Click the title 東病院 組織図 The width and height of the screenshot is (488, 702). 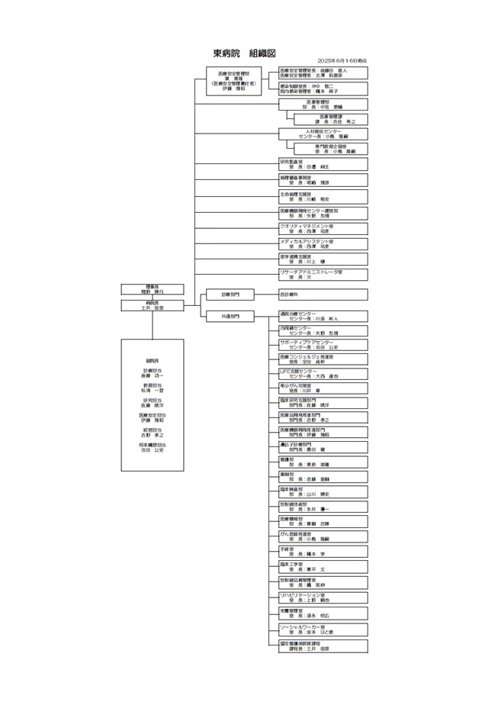click(x=244, y=53)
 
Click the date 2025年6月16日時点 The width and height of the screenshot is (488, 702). click(x=342, y=61)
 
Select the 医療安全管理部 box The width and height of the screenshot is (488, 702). click(x=238, y=82)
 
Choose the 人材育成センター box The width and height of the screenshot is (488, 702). click(x=323, y=134)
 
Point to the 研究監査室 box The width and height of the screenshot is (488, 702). click(x=323, y=164)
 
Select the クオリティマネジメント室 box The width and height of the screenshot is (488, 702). click(x=323, y=228)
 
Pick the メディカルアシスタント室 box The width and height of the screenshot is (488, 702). click(x=323, y=243)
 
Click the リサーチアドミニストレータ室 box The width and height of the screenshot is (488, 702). click(x=323, y=275)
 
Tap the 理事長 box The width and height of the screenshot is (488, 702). click(x=152, y=289)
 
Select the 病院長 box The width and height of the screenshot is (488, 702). click(x=152, y=306)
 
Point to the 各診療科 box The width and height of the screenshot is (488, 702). click(x=323, y=294)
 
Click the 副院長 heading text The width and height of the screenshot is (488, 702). click(x=152, y=361)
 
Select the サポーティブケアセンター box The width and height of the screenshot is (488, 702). click(x=323, y=345)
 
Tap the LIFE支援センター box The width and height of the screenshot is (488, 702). click(x=323, y=374)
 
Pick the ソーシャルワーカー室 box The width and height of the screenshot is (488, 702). click(x=323, y=630)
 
